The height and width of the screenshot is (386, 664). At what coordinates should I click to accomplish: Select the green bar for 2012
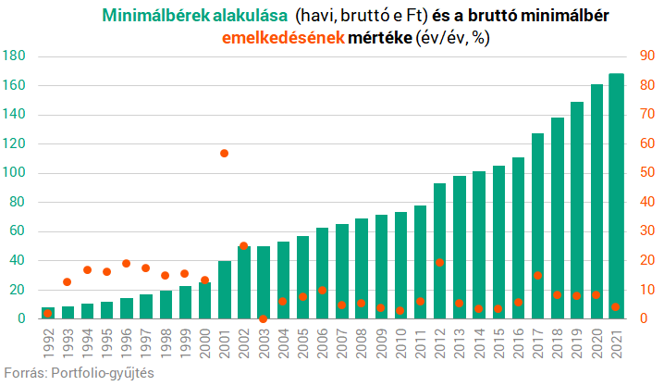pos(440,251)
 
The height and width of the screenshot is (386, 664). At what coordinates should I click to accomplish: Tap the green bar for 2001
pos(224,290)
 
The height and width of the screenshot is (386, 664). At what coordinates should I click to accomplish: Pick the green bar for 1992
pos(48,313)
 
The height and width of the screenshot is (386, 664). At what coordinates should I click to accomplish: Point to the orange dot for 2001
pos(224,153)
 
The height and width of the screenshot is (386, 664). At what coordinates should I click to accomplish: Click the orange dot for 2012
pos(440,262)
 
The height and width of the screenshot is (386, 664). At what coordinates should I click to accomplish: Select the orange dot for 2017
pos(537,275)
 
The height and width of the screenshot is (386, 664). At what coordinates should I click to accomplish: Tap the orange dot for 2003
pos(263,318)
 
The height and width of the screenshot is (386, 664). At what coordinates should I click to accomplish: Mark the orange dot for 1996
pos(126,263)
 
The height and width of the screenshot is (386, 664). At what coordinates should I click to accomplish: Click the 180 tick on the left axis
pos(14,56)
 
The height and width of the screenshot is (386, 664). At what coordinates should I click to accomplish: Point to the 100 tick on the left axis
pos(14,173)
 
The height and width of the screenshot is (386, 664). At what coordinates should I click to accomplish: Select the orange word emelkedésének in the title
pos(282,38)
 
